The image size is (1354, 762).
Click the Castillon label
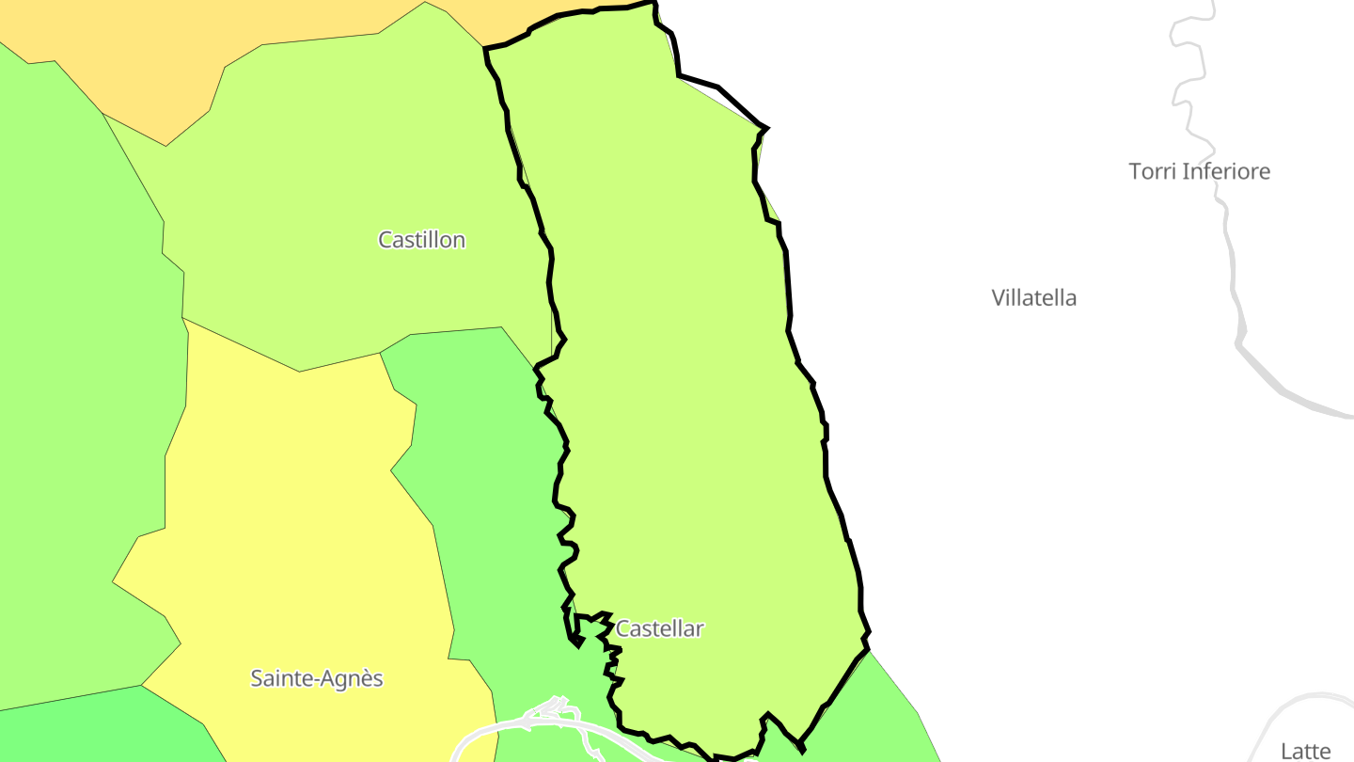[421, 240]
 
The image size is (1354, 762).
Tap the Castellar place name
[659, 628]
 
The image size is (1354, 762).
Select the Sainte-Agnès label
[317, 678]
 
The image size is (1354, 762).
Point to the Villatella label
[1033, 298]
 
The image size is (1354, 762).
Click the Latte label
[1305, 751]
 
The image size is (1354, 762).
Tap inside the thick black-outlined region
[677, 376]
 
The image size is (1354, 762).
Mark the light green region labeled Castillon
[357, 169]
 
